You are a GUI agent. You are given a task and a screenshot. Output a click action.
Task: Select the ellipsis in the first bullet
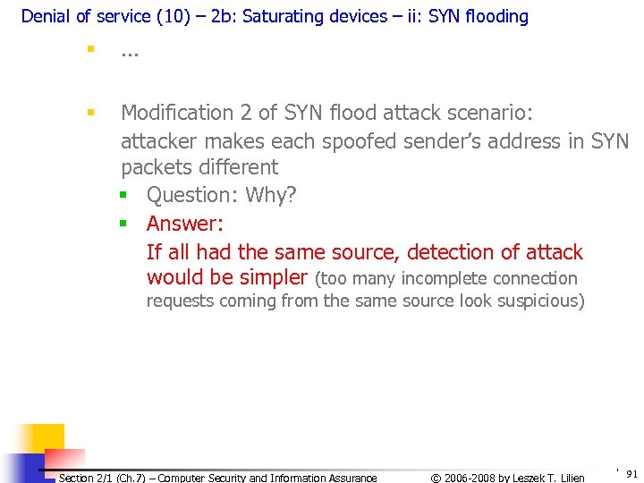(130, 55)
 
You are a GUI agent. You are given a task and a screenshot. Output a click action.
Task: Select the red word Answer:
(185, 224)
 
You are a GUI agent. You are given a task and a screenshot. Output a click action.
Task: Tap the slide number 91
(631, 473)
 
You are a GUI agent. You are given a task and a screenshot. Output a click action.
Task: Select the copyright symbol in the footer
(436, 478)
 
